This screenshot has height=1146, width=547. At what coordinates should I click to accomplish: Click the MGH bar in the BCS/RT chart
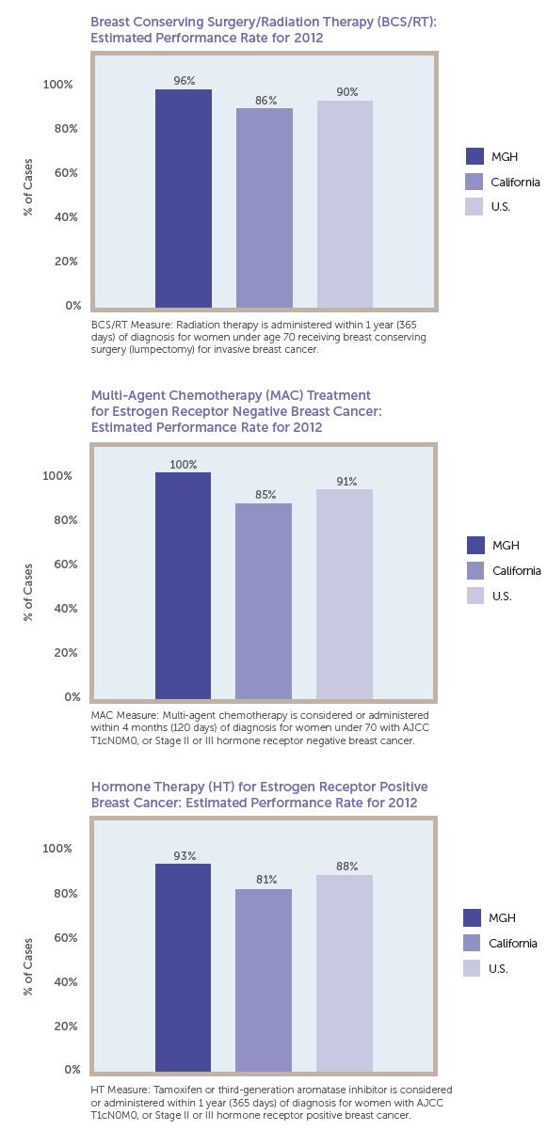(184, 199)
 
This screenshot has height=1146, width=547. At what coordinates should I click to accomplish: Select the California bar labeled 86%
(264, 208)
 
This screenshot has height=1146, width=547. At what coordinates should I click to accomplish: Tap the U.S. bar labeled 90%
(345, 204)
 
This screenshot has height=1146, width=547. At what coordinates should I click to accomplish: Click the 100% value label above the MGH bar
(184, 465)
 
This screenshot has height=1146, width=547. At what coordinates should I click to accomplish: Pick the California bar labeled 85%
(264, 601)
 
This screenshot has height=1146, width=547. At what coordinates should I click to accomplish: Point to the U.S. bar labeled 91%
(345, 594)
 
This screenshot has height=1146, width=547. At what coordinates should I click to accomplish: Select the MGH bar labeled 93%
(184, 967)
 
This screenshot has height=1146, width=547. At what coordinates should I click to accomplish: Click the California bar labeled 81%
(264, 980)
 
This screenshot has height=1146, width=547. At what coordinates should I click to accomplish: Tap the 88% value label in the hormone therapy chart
(346, 867)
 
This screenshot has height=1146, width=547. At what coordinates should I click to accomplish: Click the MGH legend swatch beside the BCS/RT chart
(475, 156)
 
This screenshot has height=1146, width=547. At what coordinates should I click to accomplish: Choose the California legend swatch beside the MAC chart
(475, 570)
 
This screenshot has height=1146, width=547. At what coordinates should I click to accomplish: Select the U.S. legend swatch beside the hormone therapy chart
(472, 968)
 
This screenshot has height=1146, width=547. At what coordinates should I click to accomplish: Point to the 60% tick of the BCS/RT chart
(67, 173)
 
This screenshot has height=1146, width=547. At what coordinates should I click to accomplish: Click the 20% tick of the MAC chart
(66, 653)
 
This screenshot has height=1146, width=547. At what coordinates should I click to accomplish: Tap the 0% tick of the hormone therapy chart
(72, 1070)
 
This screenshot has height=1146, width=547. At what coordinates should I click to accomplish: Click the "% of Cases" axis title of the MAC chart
(28, 593)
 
